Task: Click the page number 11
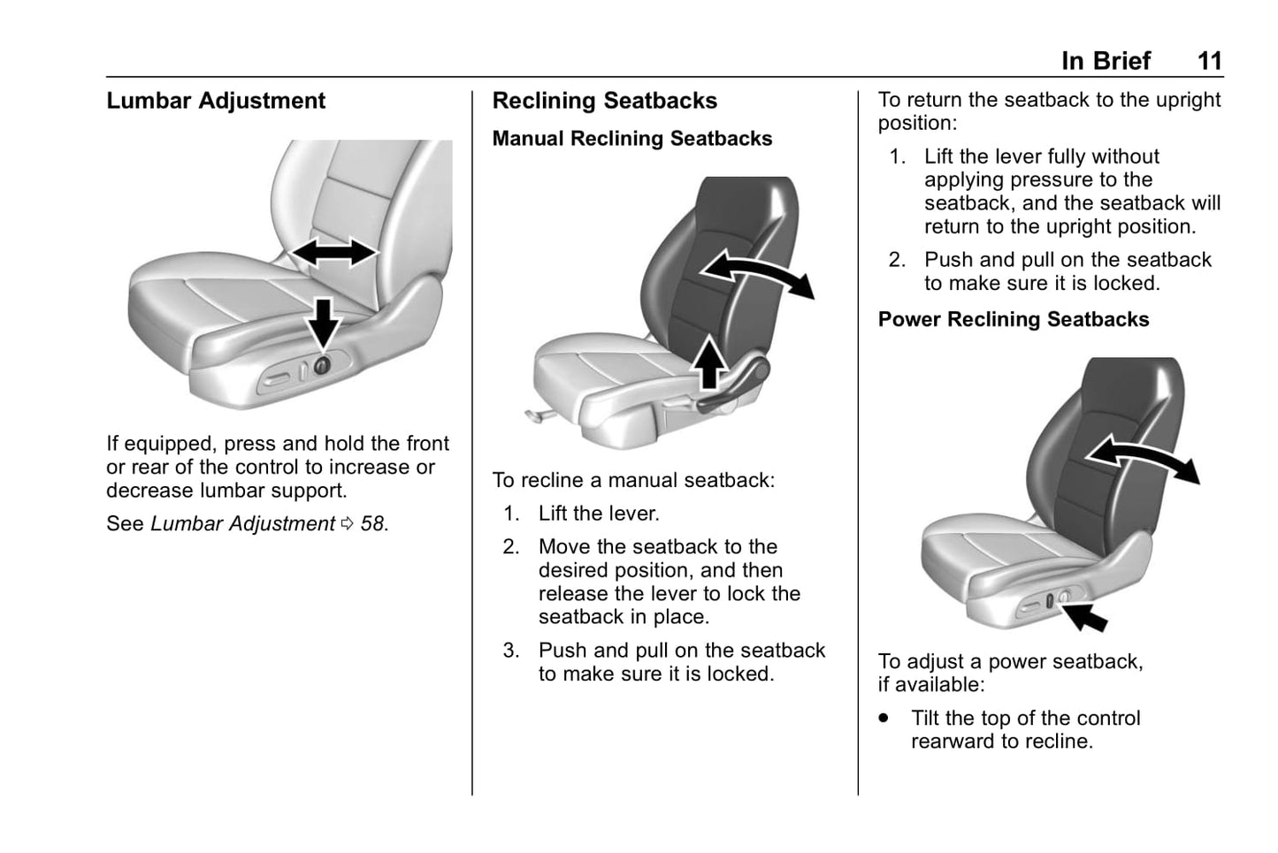point(1209,61)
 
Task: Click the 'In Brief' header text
point(1106,61)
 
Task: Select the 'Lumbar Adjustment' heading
point(216,101)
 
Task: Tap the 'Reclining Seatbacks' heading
point(604,101)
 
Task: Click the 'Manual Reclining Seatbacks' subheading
point(631,139)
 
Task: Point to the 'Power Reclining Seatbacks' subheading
point(1013,319)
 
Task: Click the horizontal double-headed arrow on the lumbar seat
point(333,253)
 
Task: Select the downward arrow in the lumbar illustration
point(324,323)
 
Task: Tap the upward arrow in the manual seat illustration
point(708,362)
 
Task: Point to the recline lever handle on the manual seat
point(734,389)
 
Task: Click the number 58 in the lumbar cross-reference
point(372,524)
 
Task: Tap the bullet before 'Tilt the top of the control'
point(884,718)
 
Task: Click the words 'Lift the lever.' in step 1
point(599,514)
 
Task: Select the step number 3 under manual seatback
point(511,651)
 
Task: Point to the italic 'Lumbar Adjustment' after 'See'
point(242,524)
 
